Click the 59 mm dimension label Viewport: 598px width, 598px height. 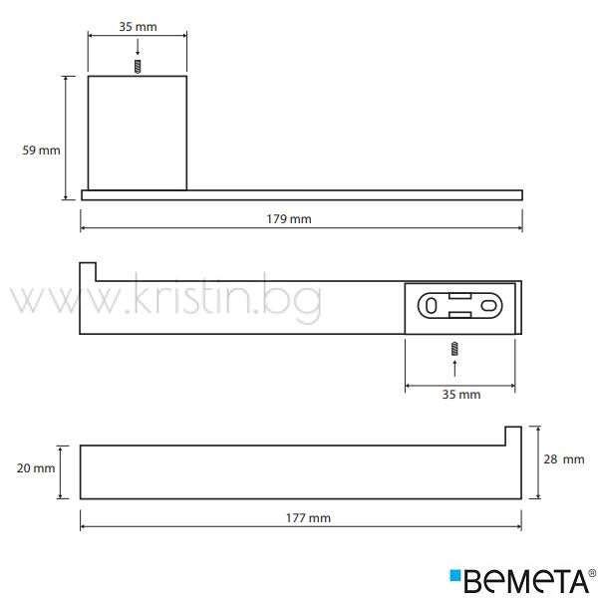tap(41, 150)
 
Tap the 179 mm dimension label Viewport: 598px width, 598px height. tap(289, 219)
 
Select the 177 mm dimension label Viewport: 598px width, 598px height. tap(308, 518)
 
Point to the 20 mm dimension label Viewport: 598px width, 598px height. tap(36, 468)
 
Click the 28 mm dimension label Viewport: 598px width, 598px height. tap(564, 459)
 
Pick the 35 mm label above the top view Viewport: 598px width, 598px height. tap(138, 27)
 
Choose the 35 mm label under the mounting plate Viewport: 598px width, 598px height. tap(461, 394)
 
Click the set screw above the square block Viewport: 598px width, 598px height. tap(138, 67)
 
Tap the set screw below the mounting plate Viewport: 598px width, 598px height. tap(454, 349)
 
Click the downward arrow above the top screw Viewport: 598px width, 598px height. tap(138, 47)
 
